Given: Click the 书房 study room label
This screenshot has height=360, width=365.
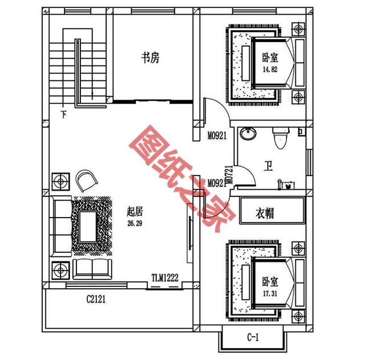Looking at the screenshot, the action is [x=151, y=58].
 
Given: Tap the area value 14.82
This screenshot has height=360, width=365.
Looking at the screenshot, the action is [x=270, y=69].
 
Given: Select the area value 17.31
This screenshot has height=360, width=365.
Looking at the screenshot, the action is [x=270, y=293].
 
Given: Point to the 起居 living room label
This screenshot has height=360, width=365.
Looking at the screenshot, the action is [x=135, y=212].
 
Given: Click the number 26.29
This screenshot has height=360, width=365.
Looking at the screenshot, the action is [x=135, y=223].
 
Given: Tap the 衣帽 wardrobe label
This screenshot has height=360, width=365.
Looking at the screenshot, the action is [x=265, y=213].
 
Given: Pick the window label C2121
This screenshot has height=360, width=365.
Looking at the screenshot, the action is [x=96, y=299].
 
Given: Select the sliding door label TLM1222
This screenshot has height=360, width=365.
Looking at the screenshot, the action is [x=165, y=277].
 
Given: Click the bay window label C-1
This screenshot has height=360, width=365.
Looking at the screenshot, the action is [x=253, y=337].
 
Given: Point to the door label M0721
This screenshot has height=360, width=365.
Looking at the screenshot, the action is [x=230, y=175].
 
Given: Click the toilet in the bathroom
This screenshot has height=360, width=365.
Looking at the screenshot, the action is [x=281, y=138].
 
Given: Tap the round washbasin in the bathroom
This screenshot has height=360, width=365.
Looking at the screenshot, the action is [x=248, y=134].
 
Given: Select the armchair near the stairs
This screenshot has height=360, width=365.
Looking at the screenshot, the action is [x=86, y=181].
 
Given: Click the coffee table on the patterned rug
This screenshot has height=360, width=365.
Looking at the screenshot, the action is [x=88, y=227].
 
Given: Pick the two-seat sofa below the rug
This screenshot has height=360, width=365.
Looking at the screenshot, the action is [x=92, y=269].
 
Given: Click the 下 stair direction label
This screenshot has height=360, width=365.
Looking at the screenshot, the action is [x=63, y=114].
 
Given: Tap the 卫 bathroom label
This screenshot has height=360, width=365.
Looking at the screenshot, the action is [x=268, y=166].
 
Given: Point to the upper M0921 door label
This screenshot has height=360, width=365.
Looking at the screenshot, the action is [x=217, y=136].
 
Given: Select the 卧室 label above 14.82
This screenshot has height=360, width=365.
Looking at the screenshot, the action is [x=270, y=58].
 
